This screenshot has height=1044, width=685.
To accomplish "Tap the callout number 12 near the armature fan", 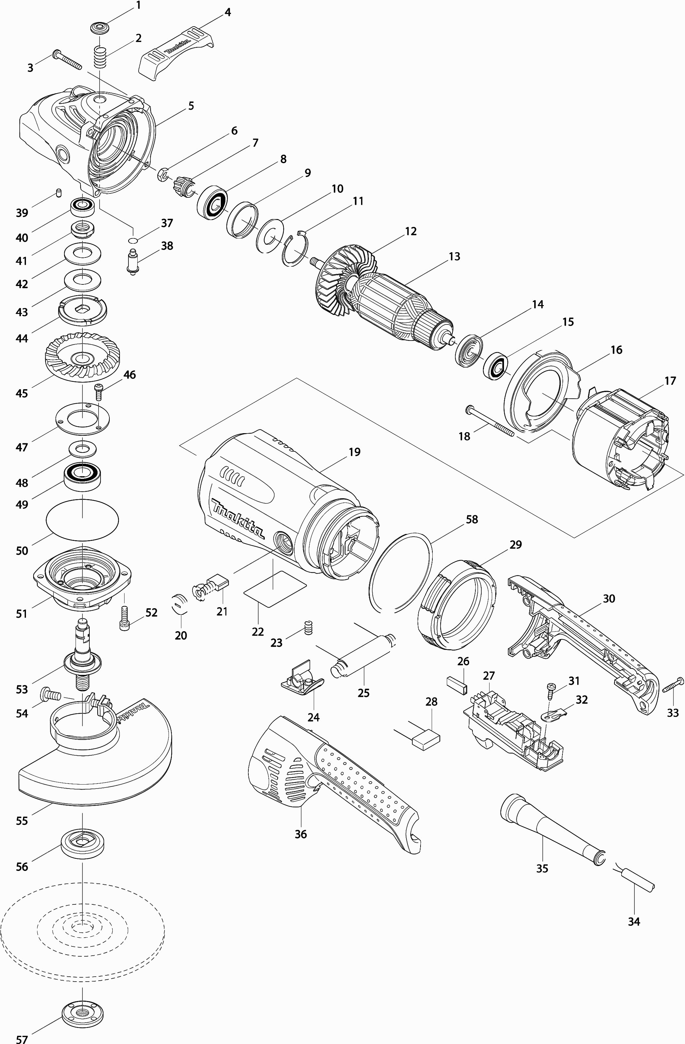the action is click(411, 231).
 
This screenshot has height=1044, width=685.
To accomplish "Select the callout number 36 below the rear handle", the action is click(301, 834).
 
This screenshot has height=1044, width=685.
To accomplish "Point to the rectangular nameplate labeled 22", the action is click(275, 589).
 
